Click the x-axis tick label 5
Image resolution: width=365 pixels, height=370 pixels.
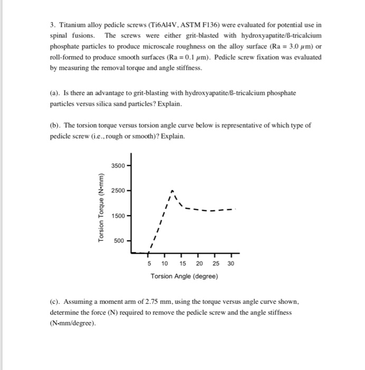pyautogui.click(x=149, y=264)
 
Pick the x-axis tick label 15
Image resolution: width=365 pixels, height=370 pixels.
pyautogui.click(x=183, y=264)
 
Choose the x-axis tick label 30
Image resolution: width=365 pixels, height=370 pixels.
pyautogui.click(x=231, y=264)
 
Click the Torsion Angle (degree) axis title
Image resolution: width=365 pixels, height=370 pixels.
pyautogui.click(x=183, y=276)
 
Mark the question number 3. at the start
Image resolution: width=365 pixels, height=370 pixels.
pyautogui.click(x=52, y=25)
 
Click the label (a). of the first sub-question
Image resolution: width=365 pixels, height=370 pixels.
pyautogui.click(x=55, y=93)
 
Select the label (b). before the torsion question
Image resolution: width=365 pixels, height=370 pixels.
pyautogui.click(x=55, y=126)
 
